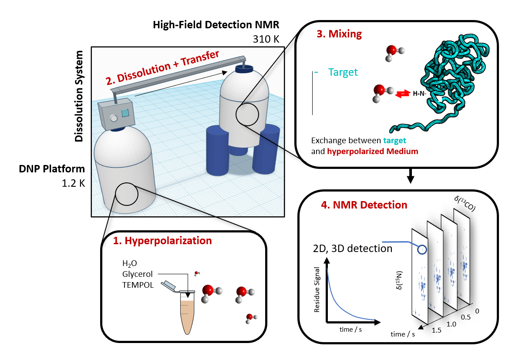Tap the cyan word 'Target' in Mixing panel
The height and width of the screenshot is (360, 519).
click(x=343, y=72)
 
